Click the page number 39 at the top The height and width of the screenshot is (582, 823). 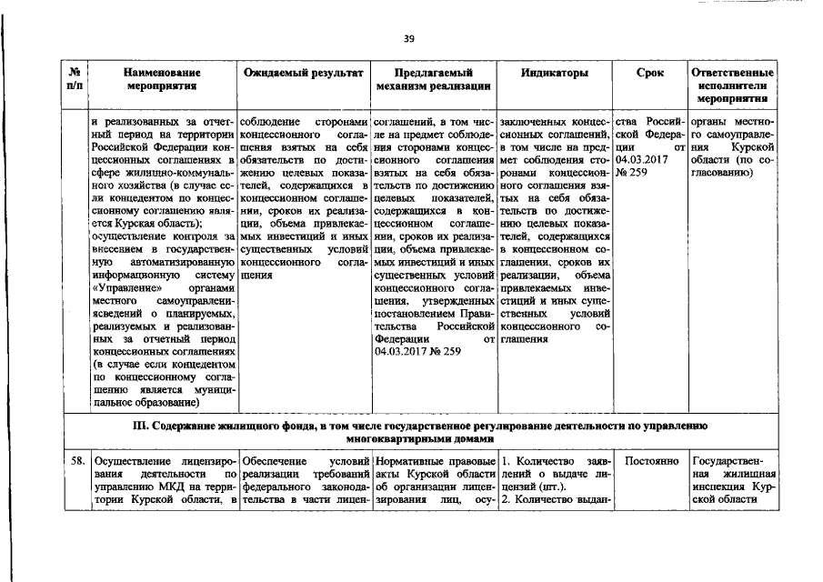click(409, 38)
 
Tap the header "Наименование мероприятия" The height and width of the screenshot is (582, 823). click(163, 79)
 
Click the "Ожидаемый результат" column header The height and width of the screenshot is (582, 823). click(305, 72)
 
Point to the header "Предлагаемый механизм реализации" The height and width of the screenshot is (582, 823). click(433, 79)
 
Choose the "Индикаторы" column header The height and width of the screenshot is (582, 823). click(555, 72)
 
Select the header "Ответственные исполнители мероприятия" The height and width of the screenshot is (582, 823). click(733, 84)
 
